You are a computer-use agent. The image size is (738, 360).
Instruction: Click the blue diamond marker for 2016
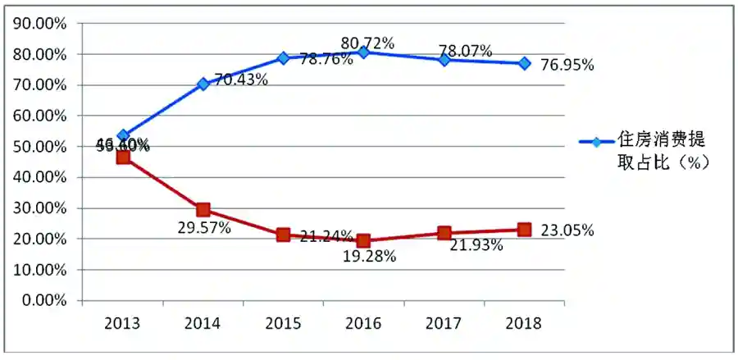363,52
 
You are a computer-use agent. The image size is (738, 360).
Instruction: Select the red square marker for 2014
203,210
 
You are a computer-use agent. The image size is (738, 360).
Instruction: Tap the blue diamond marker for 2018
524,63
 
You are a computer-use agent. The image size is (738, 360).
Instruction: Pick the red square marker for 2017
444,233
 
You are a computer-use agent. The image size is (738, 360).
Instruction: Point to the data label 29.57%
203,227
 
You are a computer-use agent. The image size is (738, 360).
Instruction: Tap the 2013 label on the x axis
122,323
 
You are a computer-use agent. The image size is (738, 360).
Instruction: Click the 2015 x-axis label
283,323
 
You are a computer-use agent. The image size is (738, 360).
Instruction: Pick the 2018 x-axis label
524,323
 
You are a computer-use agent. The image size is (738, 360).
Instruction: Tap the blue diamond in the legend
596,142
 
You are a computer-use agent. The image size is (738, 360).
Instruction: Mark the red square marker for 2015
283,235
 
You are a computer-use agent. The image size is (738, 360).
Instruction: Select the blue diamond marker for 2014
203,84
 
